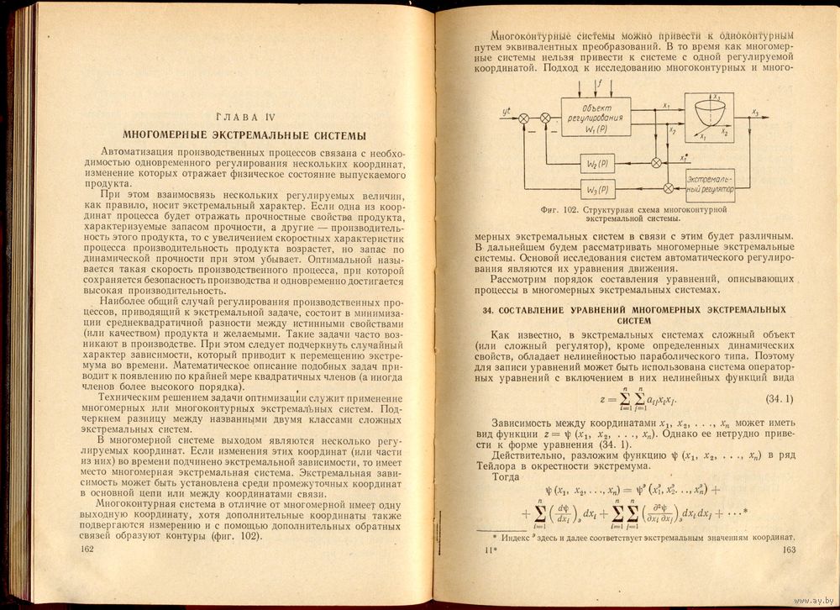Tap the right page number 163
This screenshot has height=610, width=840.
pos(788,550)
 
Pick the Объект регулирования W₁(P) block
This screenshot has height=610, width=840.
pos(595,119)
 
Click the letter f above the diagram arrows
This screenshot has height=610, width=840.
pos(599,84)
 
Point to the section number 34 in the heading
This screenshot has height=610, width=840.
pos(486,309)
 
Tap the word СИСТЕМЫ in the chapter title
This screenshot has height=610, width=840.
pos(336,134)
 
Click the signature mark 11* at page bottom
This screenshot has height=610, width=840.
pos(492,550)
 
